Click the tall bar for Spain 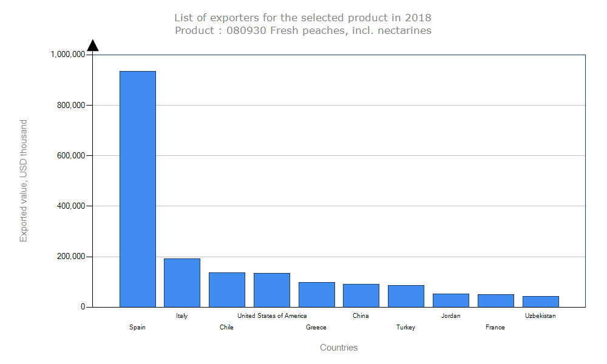click(x=138, y=189)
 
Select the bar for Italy click(x=182, y=283)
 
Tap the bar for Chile click(x=227, y=289)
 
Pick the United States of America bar click(x=272, y=290)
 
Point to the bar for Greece click(x=316, y=294)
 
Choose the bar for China click(x=361, y=295)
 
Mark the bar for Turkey click(x=406, y=296)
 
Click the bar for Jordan click(x=451, y=300)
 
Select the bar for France click(x=496, y=300)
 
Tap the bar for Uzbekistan click(x=541, y=302)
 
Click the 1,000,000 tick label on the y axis click(x=67, y=55)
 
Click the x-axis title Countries click(x=339, y=348)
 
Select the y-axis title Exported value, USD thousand click(x=24, y=181)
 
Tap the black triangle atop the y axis click(x=93, y=45)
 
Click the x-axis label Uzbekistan click(x=540, y=315)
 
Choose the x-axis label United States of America click(x=272, y=315)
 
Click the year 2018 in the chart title click(x=418, y=18)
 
